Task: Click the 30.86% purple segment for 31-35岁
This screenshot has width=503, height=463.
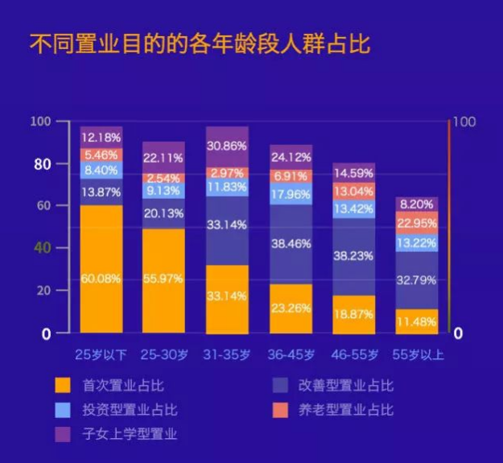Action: click(x=227, y=147)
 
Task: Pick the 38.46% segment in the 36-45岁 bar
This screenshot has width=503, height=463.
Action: click(x=291, y=241)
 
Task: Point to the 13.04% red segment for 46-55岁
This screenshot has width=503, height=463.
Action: click(x=353, y=192)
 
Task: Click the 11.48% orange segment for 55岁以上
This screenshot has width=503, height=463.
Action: click(x=416, y=321)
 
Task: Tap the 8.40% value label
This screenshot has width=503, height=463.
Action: click(x=101, y=171)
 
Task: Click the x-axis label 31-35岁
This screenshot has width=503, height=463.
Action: click(x=227, y=353)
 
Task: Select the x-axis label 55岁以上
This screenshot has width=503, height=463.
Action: click(x=416, y=353)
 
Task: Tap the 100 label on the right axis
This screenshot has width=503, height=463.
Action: click(x=464, y=122)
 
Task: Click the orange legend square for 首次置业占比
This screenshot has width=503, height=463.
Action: click(x=62, y=386)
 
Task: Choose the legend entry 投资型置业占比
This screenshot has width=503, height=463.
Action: click(x=129, y=410)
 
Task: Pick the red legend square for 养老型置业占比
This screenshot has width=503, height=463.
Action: click(x=279, y=410)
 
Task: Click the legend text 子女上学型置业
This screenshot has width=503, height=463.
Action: click(x=129, y=435)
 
